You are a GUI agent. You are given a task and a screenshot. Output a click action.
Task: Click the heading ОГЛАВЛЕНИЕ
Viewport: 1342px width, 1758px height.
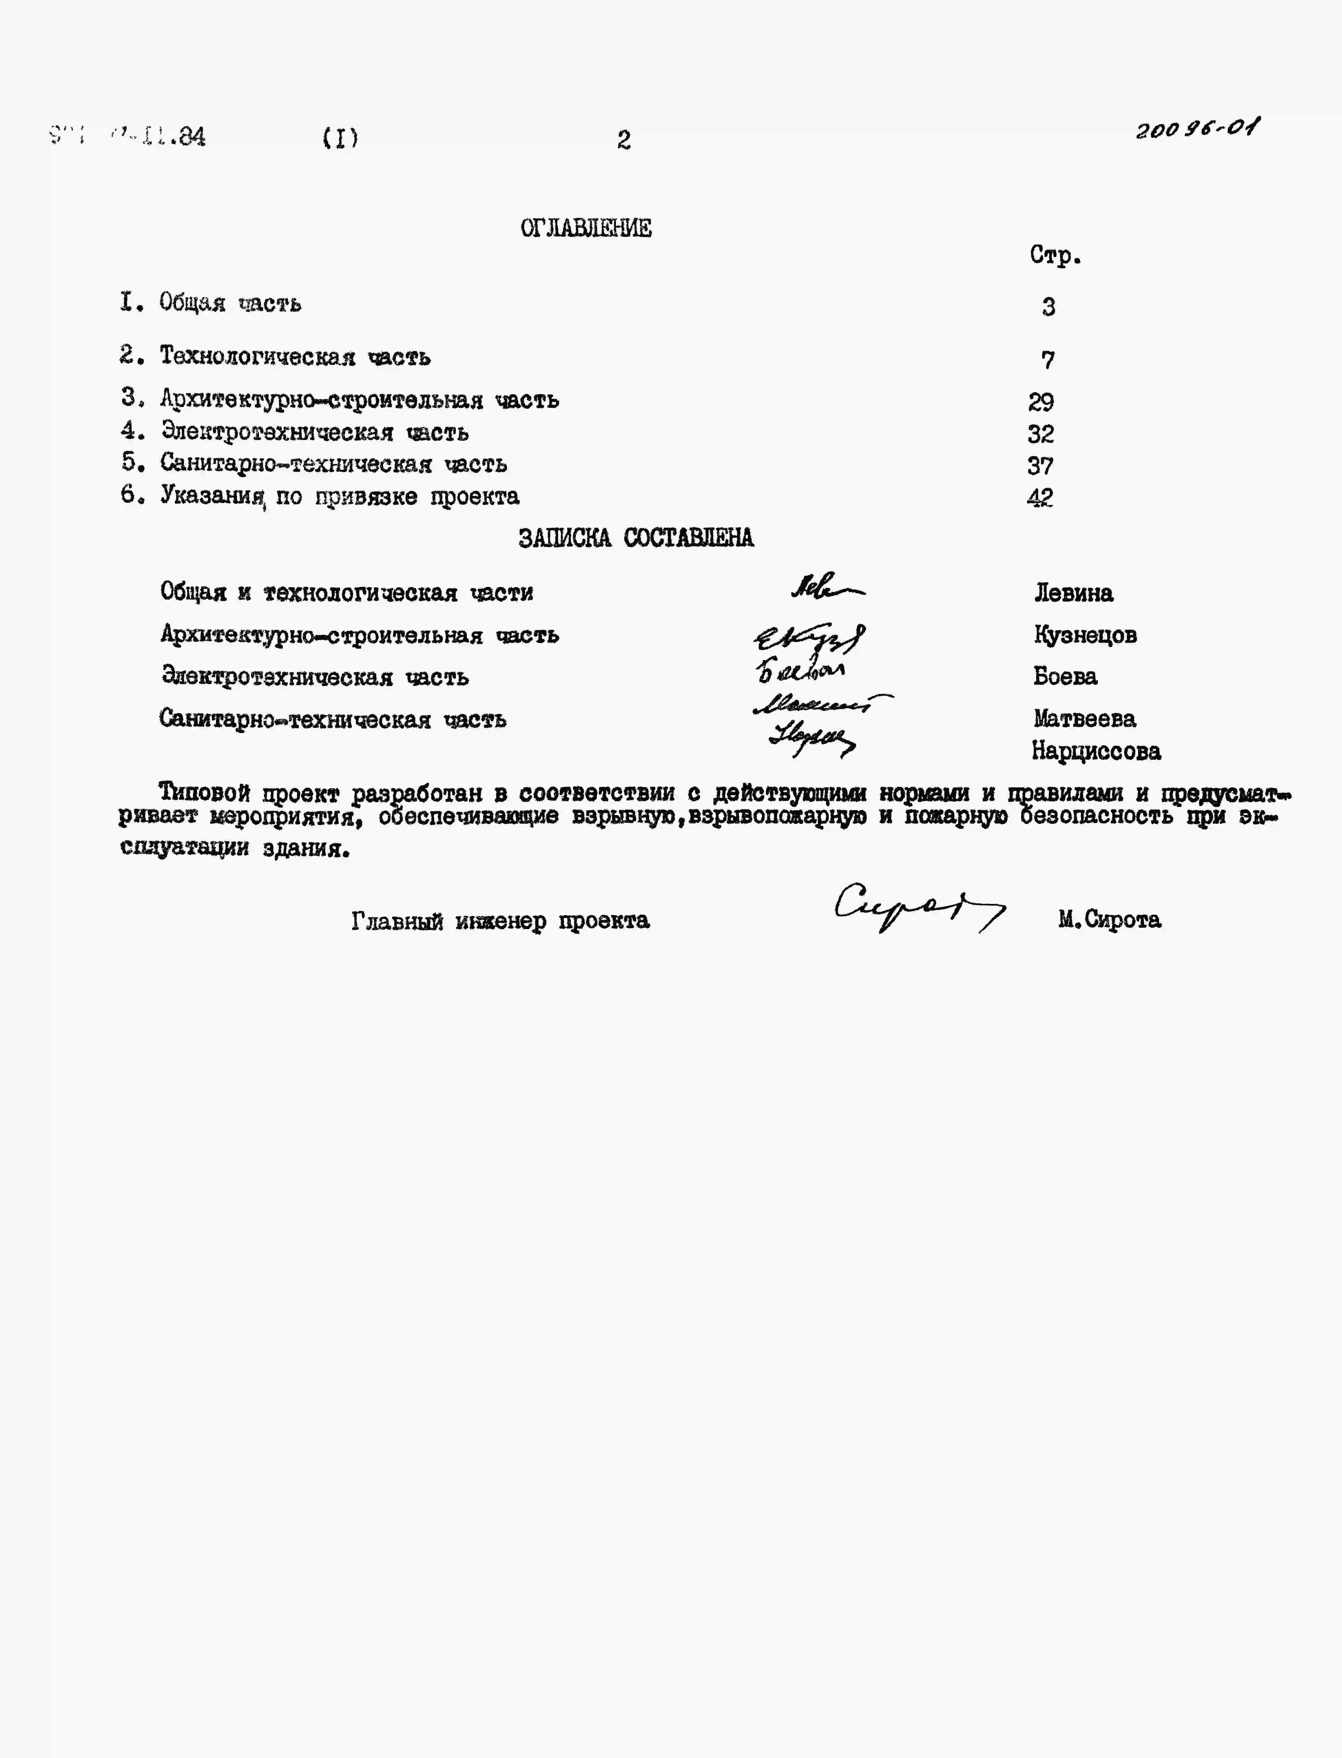585,229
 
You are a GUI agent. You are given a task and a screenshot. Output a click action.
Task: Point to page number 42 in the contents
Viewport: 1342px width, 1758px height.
1040,498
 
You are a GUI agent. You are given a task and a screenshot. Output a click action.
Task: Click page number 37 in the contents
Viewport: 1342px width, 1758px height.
1040,465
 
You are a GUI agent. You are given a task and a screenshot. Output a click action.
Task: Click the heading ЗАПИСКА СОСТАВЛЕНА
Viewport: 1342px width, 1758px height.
636,538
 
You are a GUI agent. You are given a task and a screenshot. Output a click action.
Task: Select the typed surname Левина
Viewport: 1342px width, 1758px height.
1074,593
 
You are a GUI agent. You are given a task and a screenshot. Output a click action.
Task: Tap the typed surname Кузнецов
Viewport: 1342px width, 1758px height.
1085,635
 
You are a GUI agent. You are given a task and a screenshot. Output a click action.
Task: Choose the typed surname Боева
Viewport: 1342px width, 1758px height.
1065,677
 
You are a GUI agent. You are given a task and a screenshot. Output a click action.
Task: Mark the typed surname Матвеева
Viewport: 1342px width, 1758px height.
1084,718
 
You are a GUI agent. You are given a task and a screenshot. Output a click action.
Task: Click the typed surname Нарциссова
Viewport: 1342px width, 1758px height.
1096,751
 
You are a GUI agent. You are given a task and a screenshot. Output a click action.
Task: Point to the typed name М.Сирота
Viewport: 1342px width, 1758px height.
1110,920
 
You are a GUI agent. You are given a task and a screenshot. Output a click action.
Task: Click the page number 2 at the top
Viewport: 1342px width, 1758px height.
624,141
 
